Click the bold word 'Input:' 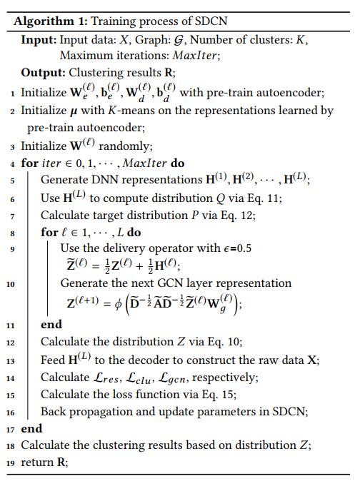pos(39,40)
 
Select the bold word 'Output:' pos(44,72)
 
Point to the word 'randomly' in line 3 pos(129,146)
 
